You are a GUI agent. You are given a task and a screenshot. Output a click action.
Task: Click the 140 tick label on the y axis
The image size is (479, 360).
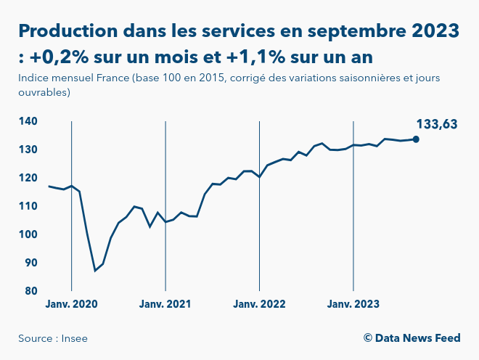[28, 121]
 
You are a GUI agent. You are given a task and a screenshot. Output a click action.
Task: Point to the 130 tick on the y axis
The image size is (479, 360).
[28, 150]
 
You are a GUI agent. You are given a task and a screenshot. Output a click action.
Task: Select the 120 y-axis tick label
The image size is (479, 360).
[28, 178]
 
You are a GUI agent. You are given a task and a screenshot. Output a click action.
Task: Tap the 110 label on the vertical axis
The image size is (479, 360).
[28, 206]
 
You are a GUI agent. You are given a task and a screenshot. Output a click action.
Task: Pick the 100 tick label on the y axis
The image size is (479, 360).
[28, 234]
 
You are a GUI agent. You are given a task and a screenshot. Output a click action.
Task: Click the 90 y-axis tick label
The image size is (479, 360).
[31, 263]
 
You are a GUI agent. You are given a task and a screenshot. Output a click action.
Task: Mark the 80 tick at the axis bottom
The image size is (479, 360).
[31, 291]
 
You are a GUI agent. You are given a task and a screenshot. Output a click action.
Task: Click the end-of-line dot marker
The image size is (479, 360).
[416, 139]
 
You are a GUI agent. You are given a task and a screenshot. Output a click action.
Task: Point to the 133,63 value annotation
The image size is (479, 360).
[436, 124]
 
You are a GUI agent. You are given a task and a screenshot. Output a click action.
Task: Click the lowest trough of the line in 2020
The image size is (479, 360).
[95, 271]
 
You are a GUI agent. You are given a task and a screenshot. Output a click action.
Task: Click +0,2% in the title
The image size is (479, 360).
[62, 56]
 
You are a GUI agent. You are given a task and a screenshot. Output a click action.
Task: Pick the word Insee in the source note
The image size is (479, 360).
[74, 338]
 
